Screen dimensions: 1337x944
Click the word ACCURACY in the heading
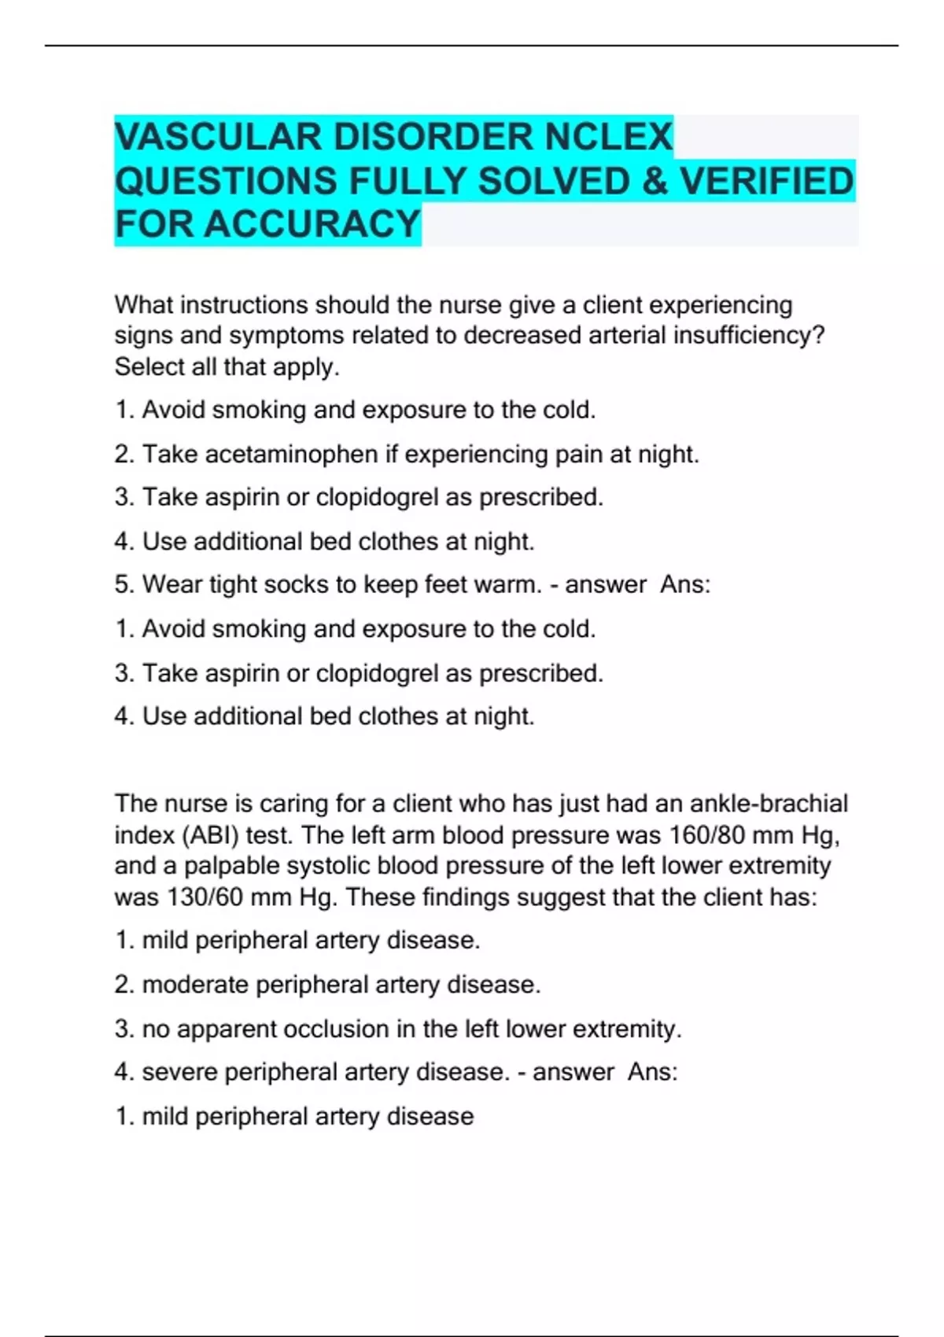tap(312, 224)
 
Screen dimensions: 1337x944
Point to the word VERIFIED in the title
tap(766, 181)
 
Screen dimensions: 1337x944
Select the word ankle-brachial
tap(769, 804)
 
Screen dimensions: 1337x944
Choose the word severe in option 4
tap(179, 1073)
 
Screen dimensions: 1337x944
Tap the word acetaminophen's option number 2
tap(123, 455)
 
